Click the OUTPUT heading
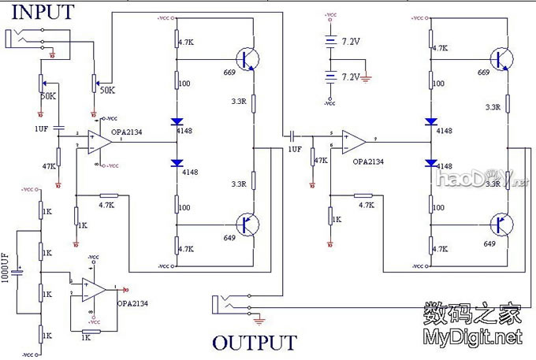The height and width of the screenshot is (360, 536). tap(254, 343)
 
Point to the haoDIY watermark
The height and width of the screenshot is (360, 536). tap(480, 181)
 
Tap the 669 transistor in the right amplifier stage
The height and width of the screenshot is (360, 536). tap(501, 58)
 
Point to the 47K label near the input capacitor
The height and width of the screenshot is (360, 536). tap(49, 166)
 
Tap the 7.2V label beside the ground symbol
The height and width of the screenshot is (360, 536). tap(350, 76)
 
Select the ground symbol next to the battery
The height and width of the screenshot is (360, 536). tap(367, 79)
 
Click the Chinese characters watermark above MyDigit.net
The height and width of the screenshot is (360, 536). tap(472, 314)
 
